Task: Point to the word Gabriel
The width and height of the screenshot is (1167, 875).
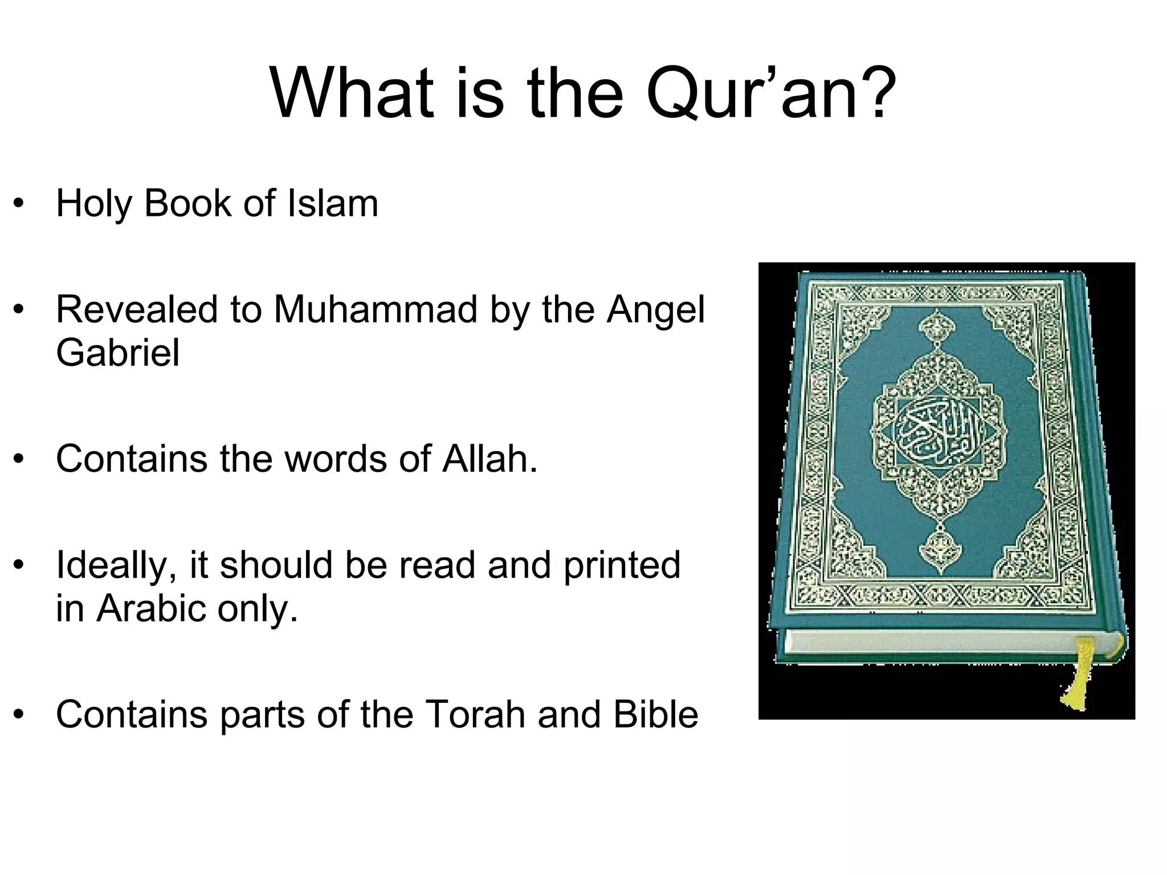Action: point(117,353)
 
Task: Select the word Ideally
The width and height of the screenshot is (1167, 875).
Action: point(116,565)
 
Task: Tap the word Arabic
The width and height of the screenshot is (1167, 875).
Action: point(152,608)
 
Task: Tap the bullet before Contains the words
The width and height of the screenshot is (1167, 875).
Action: point(19,459)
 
